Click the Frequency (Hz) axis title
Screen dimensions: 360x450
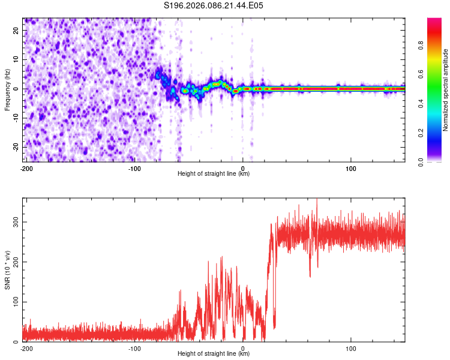(x=8, y=89)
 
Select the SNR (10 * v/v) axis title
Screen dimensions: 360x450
(x=8, y=269)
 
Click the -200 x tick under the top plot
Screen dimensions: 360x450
(x=26, y=168)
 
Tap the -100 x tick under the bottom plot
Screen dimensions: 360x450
(x=134, y=348)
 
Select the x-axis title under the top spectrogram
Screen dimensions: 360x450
(x=214, y=174)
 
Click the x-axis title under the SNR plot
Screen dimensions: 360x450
(x=214, y=354)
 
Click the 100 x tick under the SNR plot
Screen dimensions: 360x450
(x=352, y=348)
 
